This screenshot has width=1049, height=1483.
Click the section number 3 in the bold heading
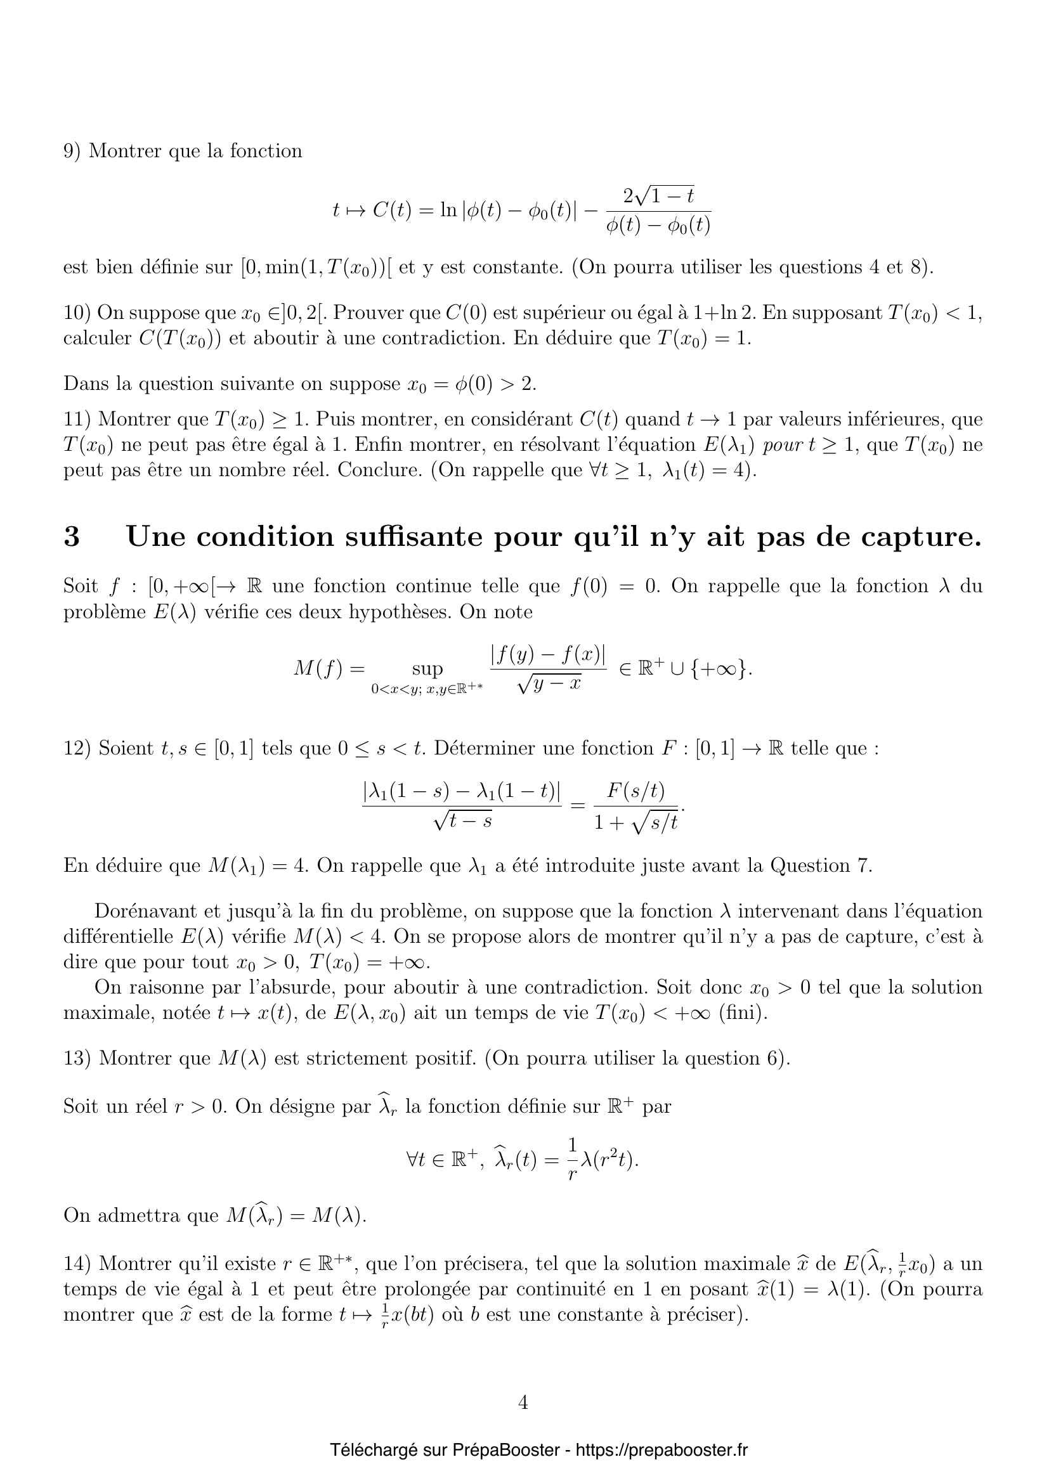tap(72, 537)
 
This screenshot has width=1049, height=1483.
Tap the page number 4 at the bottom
tap(523, 1402)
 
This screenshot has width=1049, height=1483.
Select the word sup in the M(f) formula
tap(427, 668)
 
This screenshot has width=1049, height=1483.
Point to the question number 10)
tap(77, 313)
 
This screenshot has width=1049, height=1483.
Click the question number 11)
tap(77, 420)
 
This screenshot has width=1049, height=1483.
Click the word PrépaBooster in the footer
tap(505, 1450)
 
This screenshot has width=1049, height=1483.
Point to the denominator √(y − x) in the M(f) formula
tap(549, 683)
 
